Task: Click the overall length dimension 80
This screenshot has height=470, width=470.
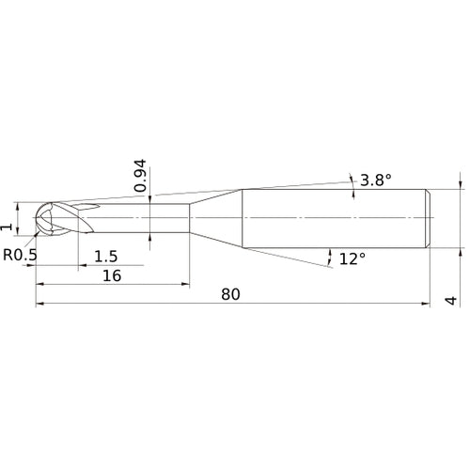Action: click(231, 293)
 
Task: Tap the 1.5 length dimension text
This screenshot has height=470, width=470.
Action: click(106, 257)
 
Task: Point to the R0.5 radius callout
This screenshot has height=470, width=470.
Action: click(21, 254)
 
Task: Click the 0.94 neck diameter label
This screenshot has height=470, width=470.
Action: click(139, 176)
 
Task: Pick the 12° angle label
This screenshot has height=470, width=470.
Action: click(351, 258)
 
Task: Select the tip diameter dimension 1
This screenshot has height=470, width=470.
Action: click(8, 227)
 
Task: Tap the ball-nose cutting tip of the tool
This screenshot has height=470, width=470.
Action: click(45, 219)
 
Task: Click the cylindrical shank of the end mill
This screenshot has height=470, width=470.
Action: click(334, 219)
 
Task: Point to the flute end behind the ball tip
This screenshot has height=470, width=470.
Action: click(89, 207)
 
